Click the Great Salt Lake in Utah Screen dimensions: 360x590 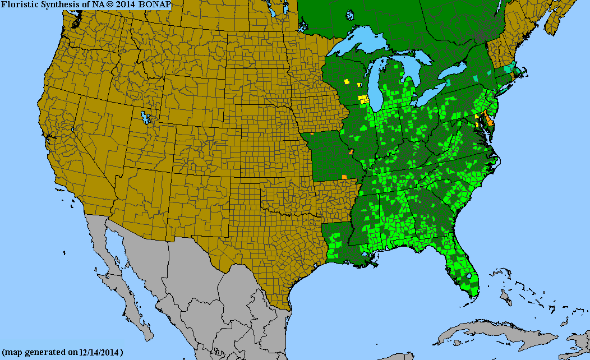147,118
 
